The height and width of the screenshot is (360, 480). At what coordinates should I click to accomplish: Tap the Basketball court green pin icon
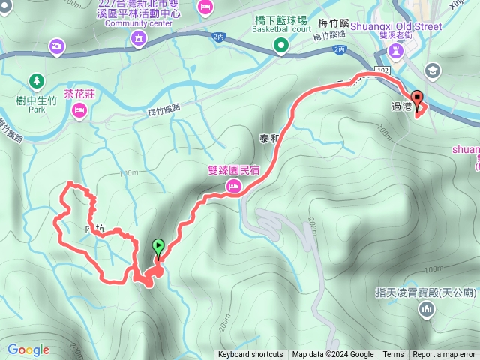(281, 46)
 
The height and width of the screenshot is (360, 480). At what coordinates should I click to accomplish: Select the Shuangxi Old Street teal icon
(394, 51)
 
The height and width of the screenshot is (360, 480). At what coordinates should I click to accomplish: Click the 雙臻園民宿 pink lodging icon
(233, 186)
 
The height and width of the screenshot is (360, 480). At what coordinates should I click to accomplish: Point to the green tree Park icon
(35, 79)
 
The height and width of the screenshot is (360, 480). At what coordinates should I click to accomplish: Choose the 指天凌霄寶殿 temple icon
(427, 308)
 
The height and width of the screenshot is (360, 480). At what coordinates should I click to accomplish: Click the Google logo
(28, 349)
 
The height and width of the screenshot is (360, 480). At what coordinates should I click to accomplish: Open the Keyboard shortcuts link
(250, 355)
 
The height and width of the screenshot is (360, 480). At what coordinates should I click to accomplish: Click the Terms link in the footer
(393, 355)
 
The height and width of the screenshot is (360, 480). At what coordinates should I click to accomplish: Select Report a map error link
(444, 355)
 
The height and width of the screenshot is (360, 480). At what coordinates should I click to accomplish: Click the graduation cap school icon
(432, 70)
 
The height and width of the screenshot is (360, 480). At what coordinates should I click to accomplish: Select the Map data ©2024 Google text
(333, 355)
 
